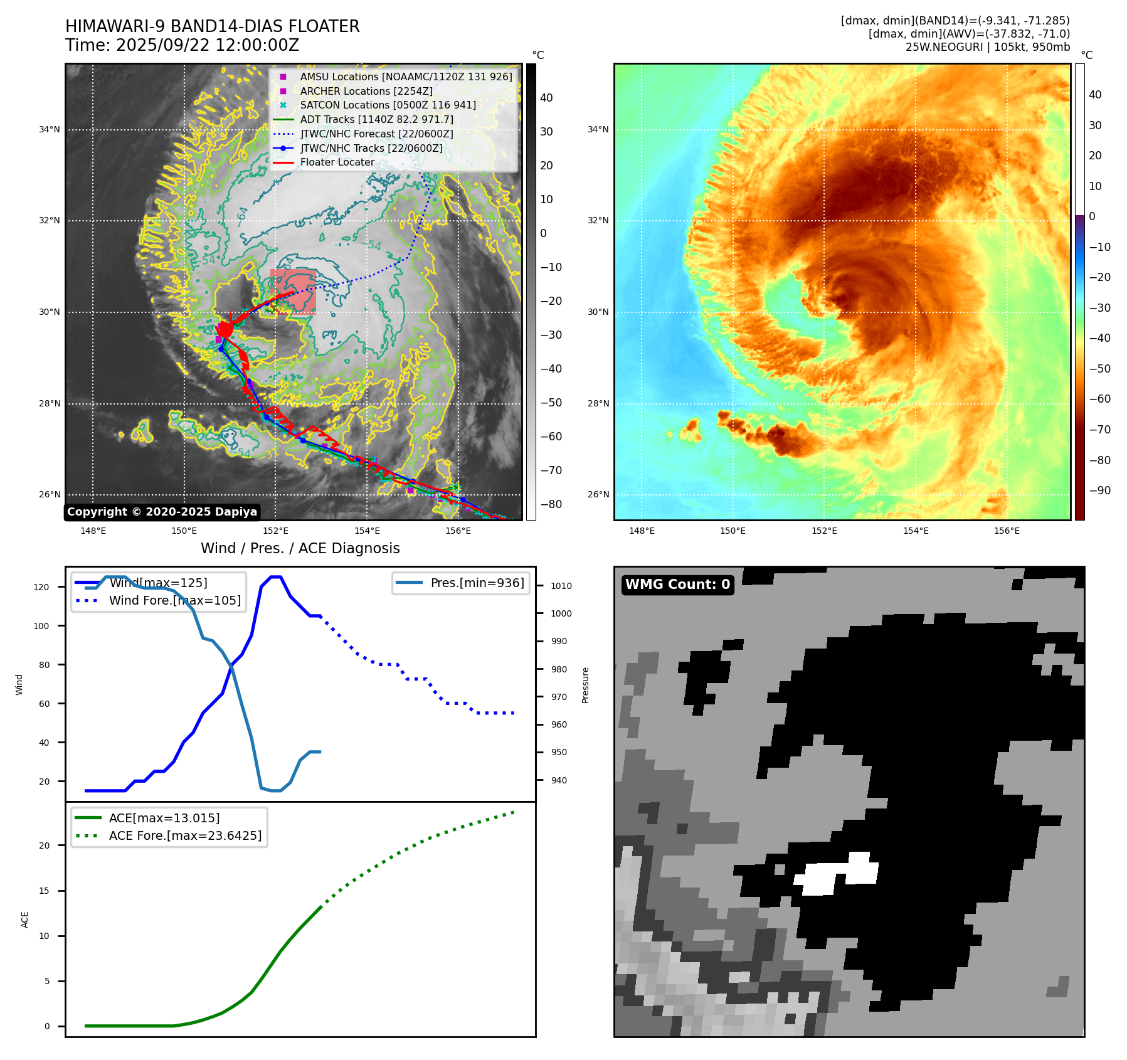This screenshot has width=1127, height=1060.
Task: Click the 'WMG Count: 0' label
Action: [x=677, y=585]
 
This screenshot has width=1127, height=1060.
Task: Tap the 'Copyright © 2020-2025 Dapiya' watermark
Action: [x=162, y=512]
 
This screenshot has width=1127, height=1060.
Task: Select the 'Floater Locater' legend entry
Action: [x=337, y=162]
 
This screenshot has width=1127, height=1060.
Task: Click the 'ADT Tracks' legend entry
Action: [x=376, y=119]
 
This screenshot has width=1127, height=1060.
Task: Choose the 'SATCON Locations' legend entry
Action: [x=388, y=105]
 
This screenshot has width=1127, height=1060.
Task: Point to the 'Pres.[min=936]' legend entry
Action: [x=477, y=583]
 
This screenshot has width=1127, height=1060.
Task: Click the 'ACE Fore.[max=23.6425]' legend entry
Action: [x=185, y=835]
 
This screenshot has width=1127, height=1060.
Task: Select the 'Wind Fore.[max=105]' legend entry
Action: [x=174, y=600]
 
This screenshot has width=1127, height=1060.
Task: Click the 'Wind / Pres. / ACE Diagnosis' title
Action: [x=300, y=548]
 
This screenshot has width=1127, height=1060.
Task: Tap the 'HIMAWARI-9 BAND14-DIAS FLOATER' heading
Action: [x=212, y=26]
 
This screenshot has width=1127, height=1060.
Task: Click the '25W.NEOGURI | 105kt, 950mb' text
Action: [x=987, y=47]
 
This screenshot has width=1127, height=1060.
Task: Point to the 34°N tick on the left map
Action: [x=50, y=130]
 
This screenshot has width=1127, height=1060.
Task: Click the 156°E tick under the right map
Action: [x=1007, y=531]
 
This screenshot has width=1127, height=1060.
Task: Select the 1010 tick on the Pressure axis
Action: [x=561, y=586]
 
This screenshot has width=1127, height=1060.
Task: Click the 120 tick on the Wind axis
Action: [x=41, y=587]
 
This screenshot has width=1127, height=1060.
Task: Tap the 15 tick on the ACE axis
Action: [x=44, y=891]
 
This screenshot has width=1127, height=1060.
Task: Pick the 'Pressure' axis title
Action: [x=585, y=685]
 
